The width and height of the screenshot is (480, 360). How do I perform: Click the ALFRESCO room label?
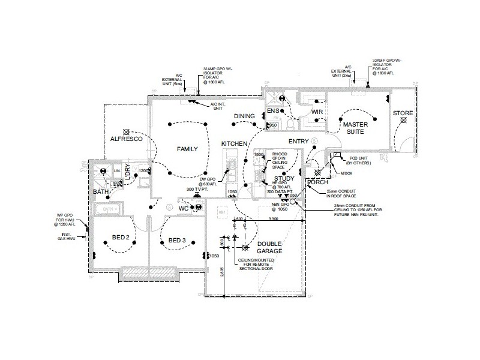126,139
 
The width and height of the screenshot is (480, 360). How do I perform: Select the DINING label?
245,116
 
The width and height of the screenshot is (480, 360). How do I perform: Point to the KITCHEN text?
234,144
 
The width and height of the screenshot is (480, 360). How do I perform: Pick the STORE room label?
402,113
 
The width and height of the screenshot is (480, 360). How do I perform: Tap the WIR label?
317,112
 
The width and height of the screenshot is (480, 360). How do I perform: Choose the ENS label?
274,112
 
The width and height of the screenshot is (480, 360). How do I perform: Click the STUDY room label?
284,179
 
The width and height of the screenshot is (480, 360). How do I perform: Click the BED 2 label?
122,238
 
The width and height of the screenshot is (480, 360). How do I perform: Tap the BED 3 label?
178,241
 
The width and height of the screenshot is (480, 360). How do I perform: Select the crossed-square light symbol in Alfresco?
126,131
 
